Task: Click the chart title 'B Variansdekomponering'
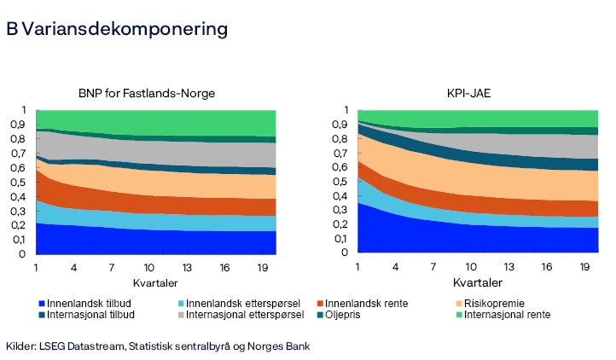tap(117, 29)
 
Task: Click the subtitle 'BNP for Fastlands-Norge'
tap(146, 93)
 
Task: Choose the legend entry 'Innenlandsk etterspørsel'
tap(241, 303)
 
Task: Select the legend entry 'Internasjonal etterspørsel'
tap(246, 314)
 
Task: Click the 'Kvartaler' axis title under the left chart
tap(155, 282)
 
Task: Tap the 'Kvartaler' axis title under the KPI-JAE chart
tap(478, 282)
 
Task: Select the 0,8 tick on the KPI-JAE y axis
tap(340, 139)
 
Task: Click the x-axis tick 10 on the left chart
tap(149, 268)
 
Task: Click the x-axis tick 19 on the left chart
tap(262, 268)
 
